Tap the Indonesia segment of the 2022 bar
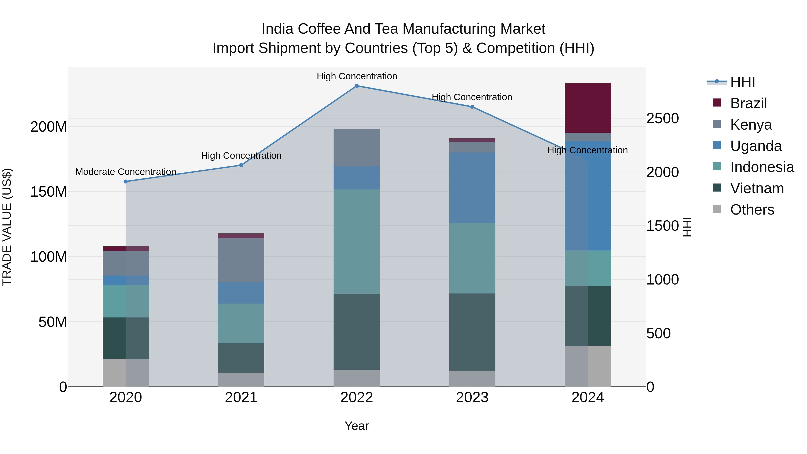pyautogui.click(x=356, y=241)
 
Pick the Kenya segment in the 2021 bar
pyautogui.click(x=241, y=260)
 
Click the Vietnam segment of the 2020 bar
pyautogui.click(x=126, y=338)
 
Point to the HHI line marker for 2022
pyautogui.click(x=356, y=86)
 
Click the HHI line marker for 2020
pyautogui.click(x=126, y=181)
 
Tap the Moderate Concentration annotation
pyautogui.click(x=126, y=172)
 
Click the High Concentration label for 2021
pyautogui.click(x=241, y=156)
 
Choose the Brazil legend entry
pyautogui.click(x=748, y=103)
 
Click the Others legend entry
pyautogui.click(x=752, y=210)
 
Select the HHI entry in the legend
pyautogui.click(x=742, y=82)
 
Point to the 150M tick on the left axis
pyautogui.click(x=49, y=192)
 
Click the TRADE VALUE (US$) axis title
pyautogui.click(x=7, y=227)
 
